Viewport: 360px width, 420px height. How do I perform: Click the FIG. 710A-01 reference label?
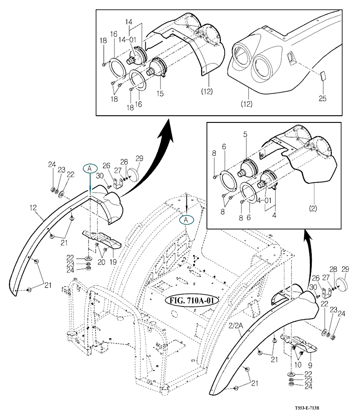point(191,300)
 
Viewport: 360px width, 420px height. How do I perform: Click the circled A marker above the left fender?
point(89,168)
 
